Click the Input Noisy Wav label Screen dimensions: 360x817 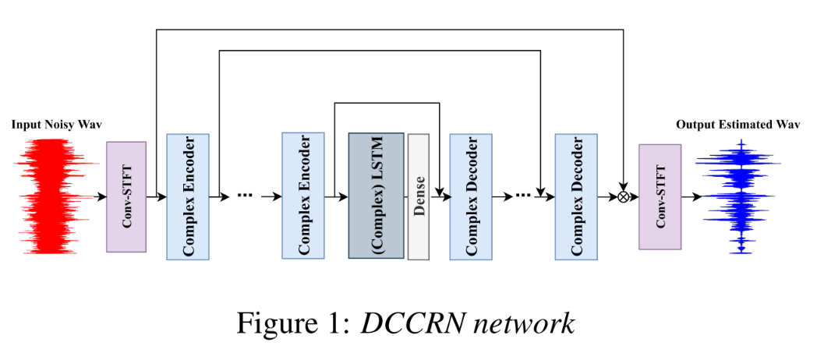pos(56,125)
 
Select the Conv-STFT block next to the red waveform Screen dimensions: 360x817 pos(126,196)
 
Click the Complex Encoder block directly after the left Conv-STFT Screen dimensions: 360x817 pos(188,196)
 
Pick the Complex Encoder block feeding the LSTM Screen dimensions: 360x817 pos(302,196)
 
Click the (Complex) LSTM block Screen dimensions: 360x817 pos(376,196)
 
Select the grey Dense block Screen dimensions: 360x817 pos(419,196)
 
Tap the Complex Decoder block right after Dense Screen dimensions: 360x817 pos(471,196)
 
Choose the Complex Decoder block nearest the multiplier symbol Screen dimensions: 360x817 pos(576,196)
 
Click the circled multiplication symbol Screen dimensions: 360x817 pos(623,197)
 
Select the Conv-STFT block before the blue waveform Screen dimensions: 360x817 pos(660,196)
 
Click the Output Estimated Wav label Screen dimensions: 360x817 pos(737,125)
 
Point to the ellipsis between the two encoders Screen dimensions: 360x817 pos(245,195)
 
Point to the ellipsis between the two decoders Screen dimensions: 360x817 pos(523,195)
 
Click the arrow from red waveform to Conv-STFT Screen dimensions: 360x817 pos(99,197)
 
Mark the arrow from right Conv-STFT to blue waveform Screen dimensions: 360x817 pos(691,197)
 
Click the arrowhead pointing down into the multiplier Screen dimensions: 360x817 pos(623,187)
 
